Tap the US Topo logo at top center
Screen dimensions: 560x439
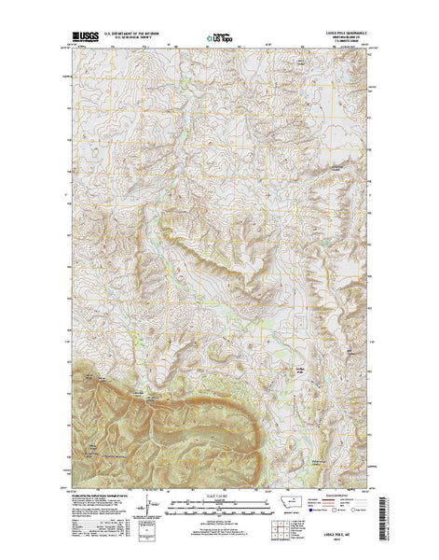click(x=219, y=39)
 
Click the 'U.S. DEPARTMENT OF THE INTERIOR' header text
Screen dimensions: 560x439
click(x=136, y=34)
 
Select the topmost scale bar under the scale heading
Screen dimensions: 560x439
click(x=219, y=503)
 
